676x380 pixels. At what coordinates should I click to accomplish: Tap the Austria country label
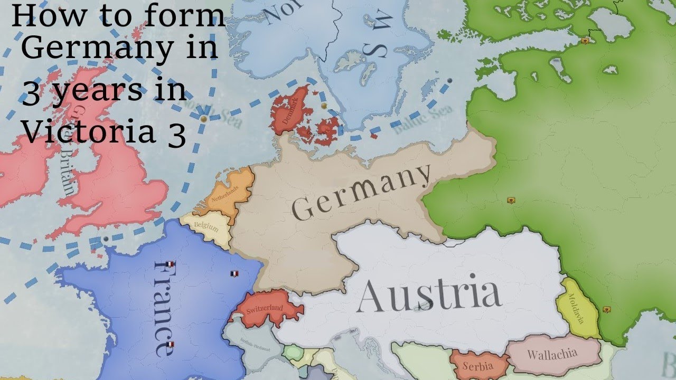tap(428, 296)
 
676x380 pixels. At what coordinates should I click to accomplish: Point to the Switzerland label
tap(265, 309)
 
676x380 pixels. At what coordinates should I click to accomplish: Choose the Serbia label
tap(477, 366)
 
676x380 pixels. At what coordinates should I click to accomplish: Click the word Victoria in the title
tap(87, 133)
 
